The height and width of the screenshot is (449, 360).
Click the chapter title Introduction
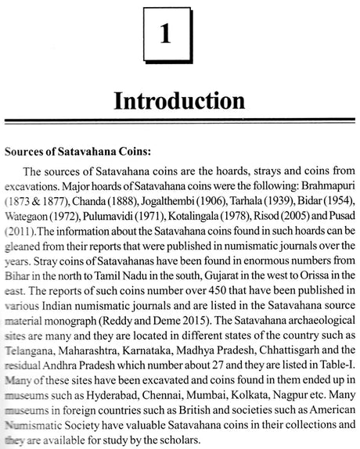[179, 102]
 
